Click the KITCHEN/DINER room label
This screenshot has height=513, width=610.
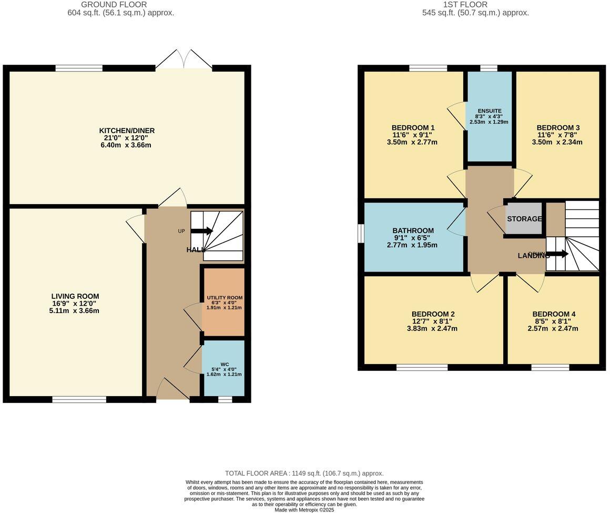[127, 130]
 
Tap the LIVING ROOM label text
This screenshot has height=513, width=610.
[75, 296]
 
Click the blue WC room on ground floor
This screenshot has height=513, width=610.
[224, 368]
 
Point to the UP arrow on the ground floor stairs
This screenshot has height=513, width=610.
[201, 230]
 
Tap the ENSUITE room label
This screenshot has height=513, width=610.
[489, 111]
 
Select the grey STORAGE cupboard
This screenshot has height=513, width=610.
[524, 218]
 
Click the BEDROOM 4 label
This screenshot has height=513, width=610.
[554, 314]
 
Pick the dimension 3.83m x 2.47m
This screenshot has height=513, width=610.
[432, 329]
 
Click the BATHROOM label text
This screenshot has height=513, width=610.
[413, 230]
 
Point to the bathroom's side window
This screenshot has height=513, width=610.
[361, 234]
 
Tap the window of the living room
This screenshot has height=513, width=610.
[79, 399]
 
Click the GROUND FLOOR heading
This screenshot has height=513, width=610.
[121, 4]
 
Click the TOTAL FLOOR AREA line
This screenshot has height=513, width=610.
[304, 474]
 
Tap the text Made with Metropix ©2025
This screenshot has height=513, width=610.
[304, 509]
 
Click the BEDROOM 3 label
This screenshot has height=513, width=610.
[558, 127]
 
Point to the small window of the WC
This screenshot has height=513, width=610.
[225, 399]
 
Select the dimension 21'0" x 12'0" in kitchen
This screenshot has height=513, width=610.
[127, 138]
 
